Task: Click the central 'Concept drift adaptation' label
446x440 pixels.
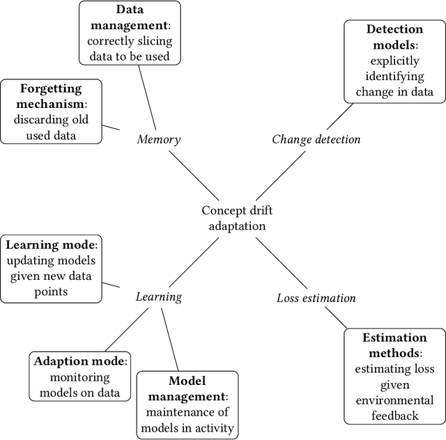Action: coord(234,218)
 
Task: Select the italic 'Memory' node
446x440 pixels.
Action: coord(158,139)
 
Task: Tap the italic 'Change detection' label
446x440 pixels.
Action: coord(316,139)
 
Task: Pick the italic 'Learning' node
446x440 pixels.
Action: coord(158,297)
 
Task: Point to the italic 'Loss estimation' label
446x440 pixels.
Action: coord(316,298)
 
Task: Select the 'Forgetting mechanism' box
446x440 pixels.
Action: coord(51,111)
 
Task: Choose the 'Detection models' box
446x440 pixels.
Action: coord(394,61)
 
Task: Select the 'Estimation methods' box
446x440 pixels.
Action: coord(394,377)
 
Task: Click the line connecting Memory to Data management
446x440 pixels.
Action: coord(148,98)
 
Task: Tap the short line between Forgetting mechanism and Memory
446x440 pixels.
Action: coord(114,129)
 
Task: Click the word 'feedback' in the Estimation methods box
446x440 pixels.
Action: coord(394,416)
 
